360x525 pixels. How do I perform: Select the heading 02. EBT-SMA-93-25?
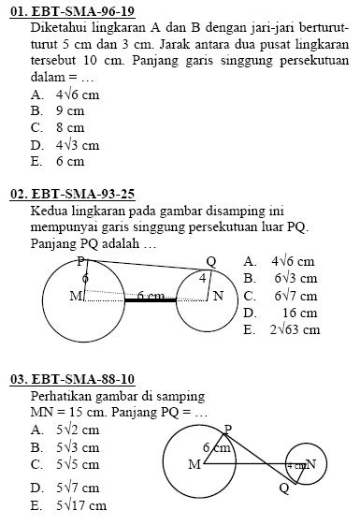coord(72,195)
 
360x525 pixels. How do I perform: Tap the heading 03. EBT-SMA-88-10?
coord(72,379)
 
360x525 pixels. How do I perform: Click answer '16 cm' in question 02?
coord(299,313)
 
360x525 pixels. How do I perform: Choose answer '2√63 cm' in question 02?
coord(295,329)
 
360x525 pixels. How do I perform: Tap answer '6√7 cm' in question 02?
coord(295,296)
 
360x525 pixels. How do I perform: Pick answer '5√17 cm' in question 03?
coord(80,506)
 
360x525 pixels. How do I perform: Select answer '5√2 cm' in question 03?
coord(77,430)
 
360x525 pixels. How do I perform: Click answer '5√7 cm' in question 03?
coord(77,488)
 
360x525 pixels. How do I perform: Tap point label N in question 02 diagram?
coord(218,297)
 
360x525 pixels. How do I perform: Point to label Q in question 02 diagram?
coord(210,261)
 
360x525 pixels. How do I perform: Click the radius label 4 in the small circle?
coord(202,279)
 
